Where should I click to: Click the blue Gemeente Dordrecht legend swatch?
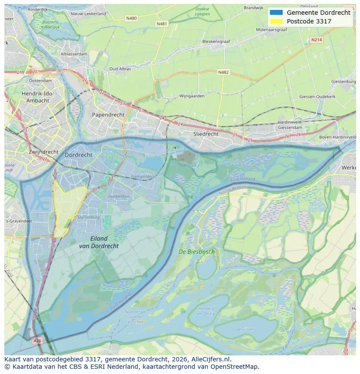pyautogui.click(x=276, y=13)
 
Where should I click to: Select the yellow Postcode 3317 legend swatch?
pyautogui.click(x=276, y=21)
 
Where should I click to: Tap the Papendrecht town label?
pyautogui.click(x=108, y=115)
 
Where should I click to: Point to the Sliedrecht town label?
pyautogui.click(x=206, y=134)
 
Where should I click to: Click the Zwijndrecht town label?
pyautogui.click(x=43, y=152)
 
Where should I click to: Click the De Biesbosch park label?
pyautogui.click(x=197, y=252)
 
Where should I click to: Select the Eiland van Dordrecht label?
pyautogui.click(x=99, y=242)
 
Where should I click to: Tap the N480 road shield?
pyautogui.click(x=131, y=18)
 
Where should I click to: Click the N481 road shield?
pyautogui.click(x=161, y=24)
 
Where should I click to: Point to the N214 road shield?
pyautogui.click(x=317, y=40)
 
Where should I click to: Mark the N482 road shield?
pyautogui.click(x=223, y=72)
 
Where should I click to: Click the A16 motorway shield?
pyautogui.click(x=37, y=341)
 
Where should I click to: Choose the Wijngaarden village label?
pyautogui.click(x=192, y=96)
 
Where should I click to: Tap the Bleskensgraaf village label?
pyautogui.click(x=216, y=42)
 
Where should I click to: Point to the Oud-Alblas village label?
pyautogui.click(x=121, y=69)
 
